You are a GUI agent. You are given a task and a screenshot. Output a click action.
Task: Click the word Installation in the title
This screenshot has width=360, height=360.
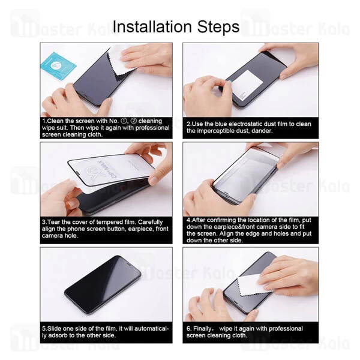point(152,26)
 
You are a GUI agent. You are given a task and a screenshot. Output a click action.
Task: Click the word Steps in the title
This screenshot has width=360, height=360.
point(218,28)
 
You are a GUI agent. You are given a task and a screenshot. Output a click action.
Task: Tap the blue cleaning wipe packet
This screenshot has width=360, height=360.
point(58,66)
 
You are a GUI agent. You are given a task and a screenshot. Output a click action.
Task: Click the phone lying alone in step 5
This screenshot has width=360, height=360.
point(103,285)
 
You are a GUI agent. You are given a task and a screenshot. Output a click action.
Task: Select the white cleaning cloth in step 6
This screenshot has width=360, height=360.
point(254,285)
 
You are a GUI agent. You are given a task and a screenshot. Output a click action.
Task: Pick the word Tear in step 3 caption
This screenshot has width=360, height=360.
point(54,222)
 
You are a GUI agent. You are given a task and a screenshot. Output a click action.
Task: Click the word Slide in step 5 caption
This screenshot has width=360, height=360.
point(54,329)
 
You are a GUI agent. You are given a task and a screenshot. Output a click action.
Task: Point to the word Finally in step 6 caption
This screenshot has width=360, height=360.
point(203,329)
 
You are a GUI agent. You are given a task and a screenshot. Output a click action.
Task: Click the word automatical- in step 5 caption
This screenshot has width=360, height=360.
point(152,329)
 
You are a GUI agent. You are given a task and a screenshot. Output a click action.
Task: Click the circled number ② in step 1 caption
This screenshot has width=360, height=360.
point(133,121)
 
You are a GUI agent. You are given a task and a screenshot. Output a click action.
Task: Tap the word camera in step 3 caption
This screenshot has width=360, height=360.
point(51,236)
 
